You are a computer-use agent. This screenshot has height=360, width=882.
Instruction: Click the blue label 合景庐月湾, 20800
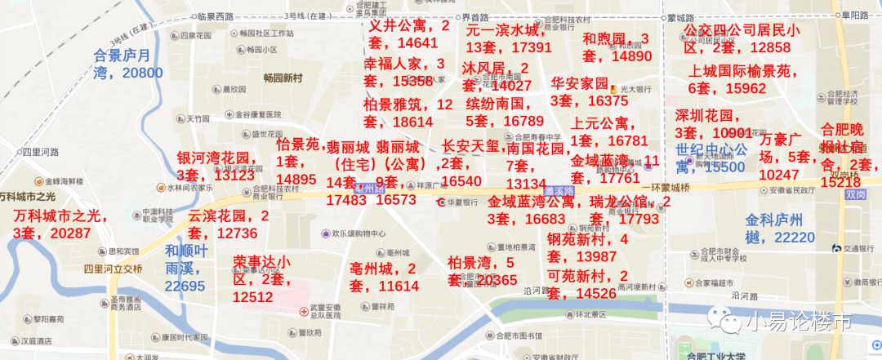click(x=128, y=64)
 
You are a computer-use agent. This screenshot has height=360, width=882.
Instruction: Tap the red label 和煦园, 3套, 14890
click(x=617, y=47)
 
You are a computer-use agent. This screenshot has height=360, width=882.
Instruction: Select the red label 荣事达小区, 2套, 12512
click(x=261, y=278)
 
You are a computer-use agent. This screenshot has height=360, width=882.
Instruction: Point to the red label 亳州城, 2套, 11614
click(x=384, y=277)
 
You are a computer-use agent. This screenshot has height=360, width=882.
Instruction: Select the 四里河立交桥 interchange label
click(x=113, y=269)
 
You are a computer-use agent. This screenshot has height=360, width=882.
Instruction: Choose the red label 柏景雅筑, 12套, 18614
click(x=408, y=113)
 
